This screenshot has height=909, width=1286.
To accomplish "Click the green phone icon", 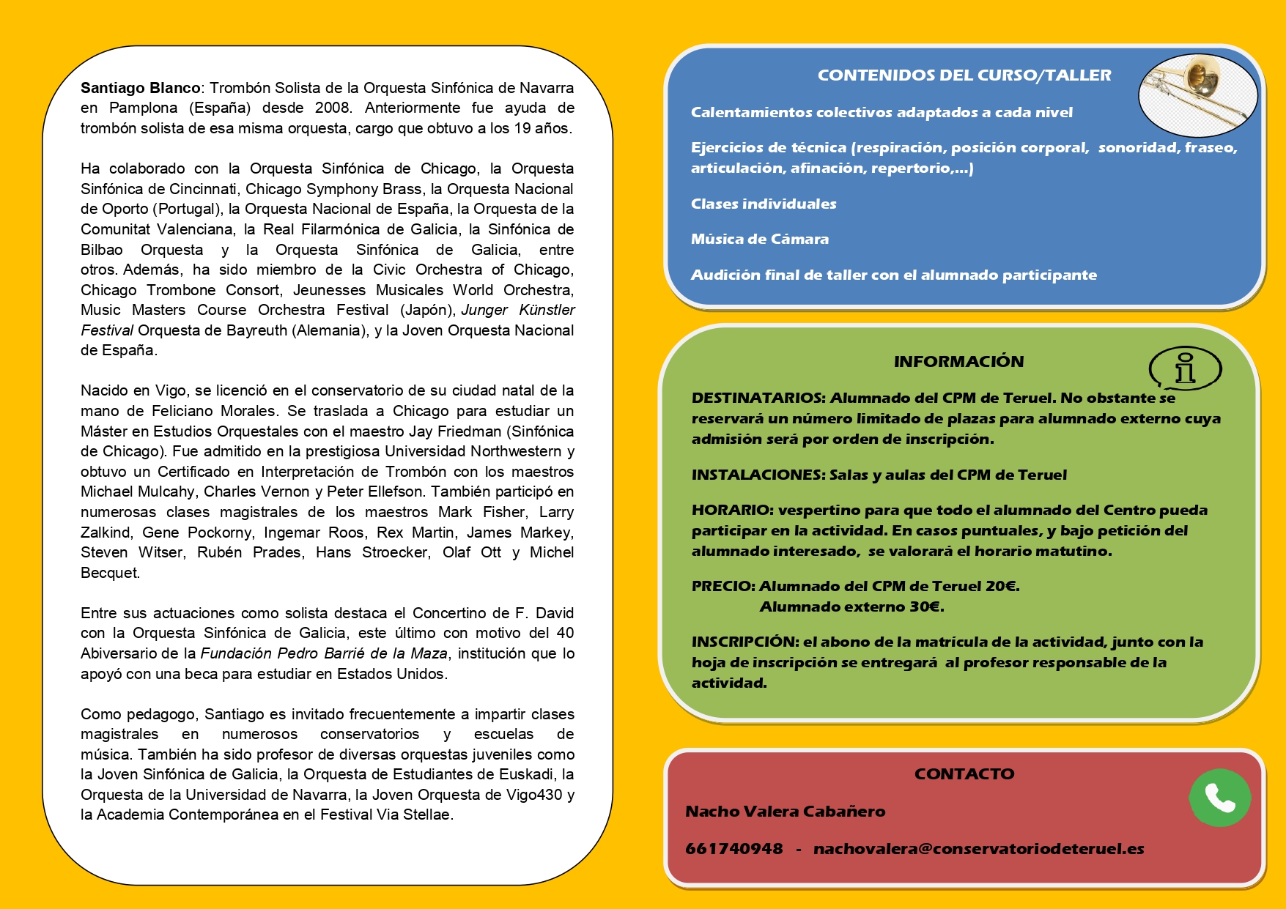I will [1219, 798].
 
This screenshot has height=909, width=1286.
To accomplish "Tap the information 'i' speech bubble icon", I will [1185, 368].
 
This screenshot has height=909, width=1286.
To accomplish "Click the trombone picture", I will [1197, 94].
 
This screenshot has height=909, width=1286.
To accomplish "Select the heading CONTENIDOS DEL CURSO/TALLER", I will [964, 75].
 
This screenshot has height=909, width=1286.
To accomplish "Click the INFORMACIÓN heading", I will [958, 362].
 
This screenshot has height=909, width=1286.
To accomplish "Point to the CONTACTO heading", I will [964, 774].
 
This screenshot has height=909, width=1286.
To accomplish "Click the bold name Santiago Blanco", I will [140, 88].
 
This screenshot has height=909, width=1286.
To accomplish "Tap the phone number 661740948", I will [733, 849].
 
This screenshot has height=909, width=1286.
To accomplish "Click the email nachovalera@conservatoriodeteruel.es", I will [978, 849].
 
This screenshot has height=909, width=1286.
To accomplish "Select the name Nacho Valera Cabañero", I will [785, 812].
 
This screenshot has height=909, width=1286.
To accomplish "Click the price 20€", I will [1002, 586].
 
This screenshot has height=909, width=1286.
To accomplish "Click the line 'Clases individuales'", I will [763, 204].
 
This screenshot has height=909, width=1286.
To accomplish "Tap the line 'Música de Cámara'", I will [759, 240].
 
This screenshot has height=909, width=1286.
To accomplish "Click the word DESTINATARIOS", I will [758, 398].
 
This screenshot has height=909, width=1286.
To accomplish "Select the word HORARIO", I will [732, 511].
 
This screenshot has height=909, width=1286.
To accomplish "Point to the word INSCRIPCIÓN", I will [745, 642].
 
